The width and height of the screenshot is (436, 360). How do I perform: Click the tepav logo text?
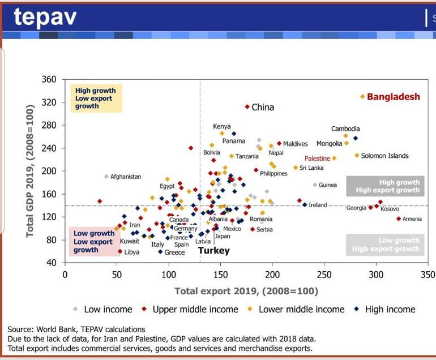click(45, 18)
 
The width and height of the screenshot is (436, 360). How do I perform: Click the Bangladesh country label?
click(394, 97)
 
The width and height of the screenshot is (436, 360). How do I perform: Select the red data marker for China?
click(247, 106)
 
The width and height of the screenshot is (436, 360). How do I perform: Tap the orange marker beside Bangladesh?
click(363, 97)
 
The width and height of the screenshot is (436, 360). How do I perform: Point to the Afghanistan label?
click(126, 177)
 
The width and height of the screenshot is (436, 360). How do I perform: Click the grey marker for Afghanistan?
click(106, 177)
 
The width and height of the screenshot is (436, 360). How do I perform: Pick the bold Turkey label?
click(213, 250)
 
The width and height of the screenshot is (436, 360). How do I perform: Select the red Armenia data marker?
click(399, 218)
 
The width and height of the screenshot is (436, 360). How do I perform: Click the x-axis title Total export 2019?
click(246, 292)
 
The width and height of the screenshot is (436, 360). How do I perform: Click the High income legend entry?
click(390, 309)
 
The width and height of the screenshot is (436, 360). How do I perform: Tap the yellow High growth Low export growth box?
click(95, 98)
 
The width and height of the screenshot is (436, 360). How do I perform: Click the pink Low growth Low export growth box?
click(94, 241)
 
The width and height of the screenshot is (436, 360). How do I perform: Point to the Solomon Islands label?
click(384, 156)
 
